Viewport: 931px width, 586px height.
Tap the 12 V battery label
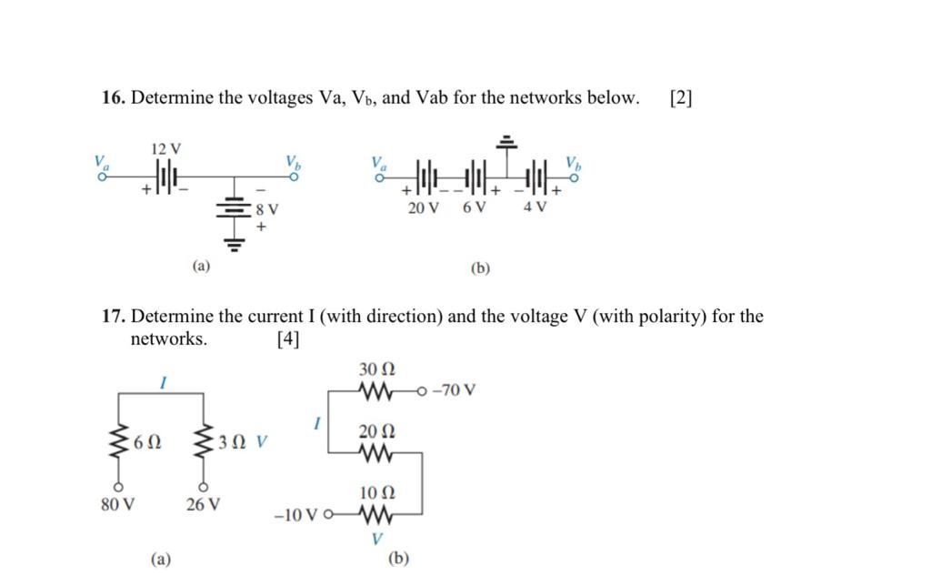(165, 147)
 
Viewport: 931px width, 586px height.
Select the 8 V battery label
(267, 209)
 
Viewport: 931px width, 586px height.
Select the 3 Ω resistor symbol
(203, 443)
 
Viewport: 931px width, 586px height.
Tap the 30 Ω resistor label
(375, 369)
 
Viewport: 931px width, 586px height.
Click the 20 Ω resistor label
(375, 429)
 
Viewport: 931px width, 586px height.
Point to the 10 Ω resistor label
(375, 492)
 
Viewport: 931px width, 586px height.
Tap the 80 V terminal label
(117, 504)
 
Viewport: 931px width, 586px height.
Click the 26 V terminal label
(203, 504)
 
